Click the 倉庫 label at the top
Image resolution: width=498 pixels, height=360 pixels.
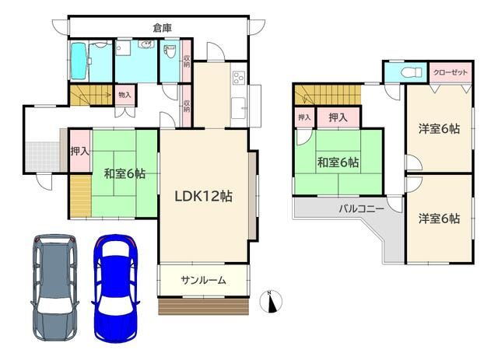(162, 28)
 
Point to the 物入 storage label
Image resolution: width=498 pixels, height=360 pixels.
(124, 95)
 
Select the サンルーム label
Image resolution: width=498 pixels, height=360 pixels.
(204, 280)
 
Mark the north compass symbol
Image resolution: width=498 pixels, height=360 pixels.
(272, 301)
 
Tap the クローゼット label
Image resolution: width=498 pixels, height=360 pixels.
(451, 72)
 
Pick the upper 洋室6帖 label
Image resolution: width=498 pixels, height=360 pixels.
(438, 129)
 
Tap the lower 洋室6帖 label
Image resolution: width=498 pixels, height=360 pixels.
(438, 218)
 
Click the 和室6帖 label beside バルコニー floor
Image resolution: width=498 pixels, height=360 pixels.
(338, 163)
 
